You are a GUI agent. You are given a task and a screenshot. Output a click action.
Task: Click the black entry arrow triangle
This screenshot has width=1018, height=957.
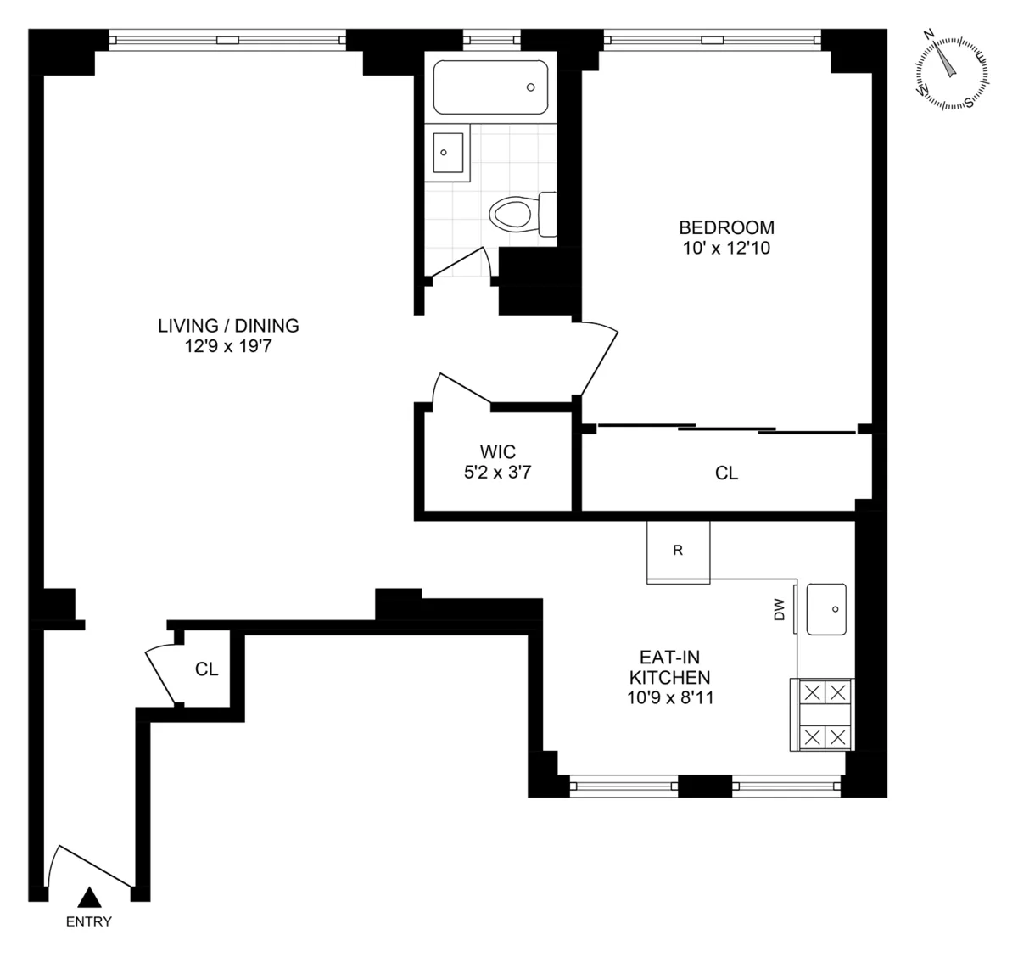(x=89, y=898)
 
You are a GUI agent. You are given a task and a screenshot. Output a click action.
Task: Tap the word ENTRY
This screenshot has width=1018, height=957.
(x=89, y=922)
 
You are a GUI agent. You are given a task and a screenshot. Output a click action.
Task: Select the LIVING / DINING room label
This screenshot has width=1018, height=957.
(x=228, y=325)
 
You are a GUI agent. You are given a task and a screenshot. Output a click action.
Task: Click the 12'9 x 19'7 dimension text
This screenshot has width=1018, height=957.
(x=228, y=345)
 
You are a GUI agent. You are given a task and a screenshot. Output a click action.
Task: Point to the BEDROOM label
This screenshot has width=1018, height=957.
(x=726, y=227)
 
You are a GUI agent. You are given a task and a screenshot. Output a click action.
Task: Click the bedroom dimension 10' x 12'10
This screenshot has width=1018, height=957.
(x=726, y=249)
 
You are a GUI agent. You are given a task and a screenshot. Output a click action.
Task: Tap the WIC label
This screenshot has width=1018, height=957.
(x=497, y=451)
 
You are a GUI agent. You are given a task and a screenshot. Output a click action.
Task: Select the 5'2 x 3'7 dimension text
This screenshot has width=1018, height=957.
(x=497, y=473)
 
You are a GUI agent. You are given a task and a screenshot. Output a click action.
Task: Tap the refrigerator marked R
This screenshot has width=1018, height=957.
(x=678, y=551)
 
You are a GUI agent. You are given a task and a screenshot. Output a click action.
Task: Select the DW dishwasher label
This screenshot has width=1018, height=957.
(x=780, y=609)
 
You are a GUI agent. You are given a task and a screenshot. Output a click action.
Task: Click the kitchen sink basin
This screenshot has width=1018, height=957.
(x=825, y=609)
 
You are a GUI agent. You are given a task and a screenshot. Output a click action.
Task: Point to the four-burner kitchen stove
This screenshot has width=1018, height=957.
(x=823, y=714)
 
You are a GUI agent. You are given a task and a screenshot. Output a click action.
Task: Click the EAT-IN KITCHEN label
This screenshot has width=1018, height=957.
(x=668, y=667)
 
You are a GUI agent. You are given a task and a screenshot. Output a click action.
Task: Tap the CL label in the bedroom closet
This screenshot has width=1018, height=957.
(x=726, y=473)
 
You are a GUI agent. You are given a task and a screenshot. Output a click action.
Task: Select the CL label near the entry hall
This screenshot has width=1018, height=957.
(x=206, y=669)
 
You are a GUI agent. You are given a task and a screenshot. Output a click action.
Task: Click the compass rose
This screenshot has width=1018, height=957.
(x=953, y=73)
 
